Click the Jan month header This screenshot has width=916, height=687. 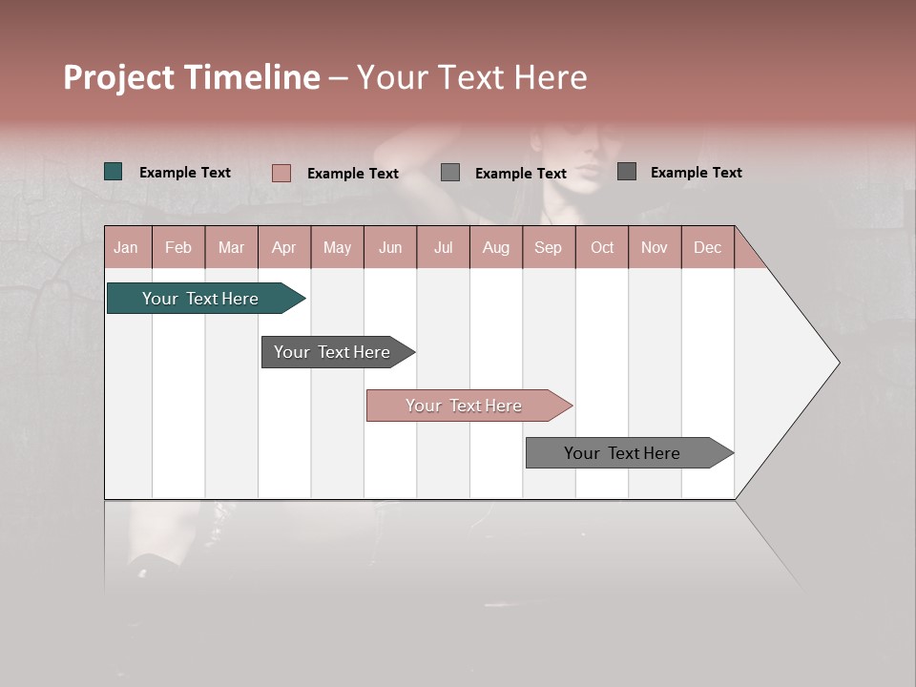126,248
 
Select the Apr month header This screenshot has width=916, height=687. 283,248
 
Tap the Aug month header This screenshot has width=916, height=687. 495,248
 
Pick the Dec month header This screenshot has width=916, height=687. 707,248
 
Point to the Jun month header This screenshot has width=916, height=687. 390,248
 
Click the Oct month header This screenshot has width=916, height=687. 602,248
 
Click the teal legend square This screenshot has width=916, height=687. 113,172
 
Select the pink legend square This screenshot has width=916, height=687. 281,173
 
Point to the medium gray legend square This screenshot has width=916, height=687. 450,173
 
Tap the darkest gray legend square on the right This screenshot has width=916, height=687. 626,172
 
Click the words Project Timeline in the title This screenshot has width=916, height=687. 192,77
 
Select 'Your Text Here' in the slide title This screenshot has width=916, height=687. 471,77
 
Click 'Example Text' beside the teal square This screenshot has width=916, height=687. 185,173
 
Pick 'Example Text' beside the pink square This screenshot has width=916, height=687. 353,174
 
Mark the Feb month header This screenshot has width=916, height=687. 178,248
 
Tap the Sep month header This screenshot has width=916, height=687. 548,248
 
